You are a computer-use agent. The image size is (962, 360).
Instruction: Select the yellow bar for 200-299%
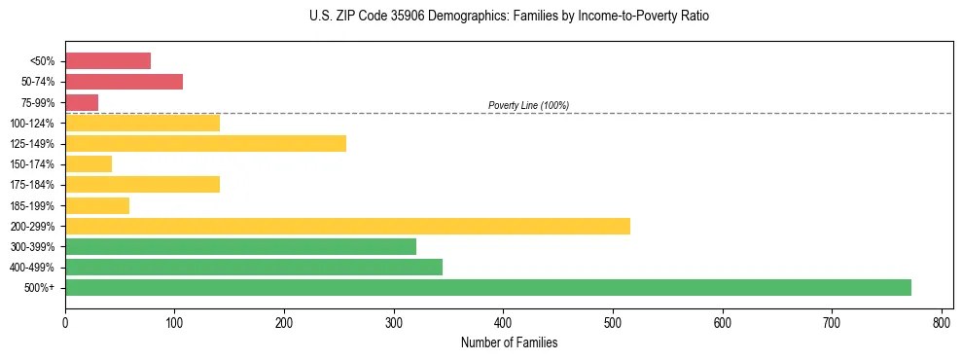[x=347, y=226]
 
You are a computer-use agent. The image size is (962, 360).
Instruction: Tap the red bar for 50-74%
[x=124, y=82]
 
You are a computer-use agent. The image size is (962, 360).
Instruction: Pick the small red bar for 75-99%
[x=82, y=102]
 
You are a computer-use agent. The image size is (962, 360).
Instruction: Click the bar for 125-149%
[x=205, y=144]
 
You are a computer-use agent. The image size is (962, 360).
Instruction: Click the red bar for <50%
[x=108, y=61]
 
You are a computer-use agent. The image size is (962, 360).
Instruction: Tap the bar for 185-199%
[x=97, y=205]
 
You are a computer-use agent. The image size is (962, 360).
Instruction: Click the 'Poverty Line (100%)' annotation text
[x=528, y=105]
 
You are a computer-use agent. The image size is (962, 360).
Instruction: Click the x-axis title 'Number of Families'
[x=509, y=342]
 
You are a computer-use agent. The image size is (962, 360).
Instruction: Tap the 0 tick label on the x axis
[x=65, y=322]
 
